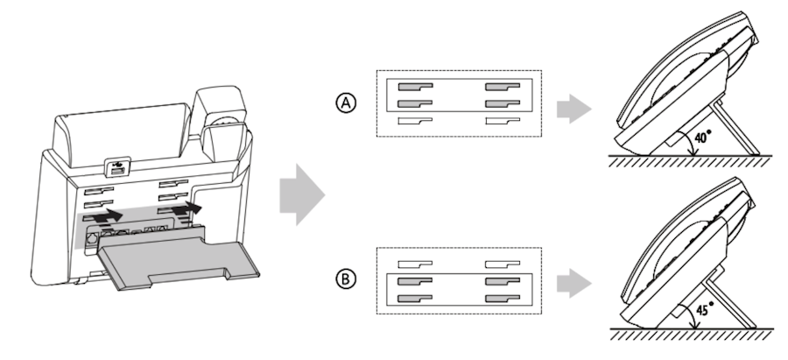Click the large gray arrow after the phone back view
coord(301,195)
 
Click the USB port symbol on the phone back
coord(117,164)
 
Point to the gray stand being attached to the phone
coord(158,259)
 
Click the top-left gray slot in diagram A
coord(415,88)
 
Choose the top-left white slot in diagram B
coord(415,264)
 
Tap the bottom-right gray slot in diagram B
coord(503,298)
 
